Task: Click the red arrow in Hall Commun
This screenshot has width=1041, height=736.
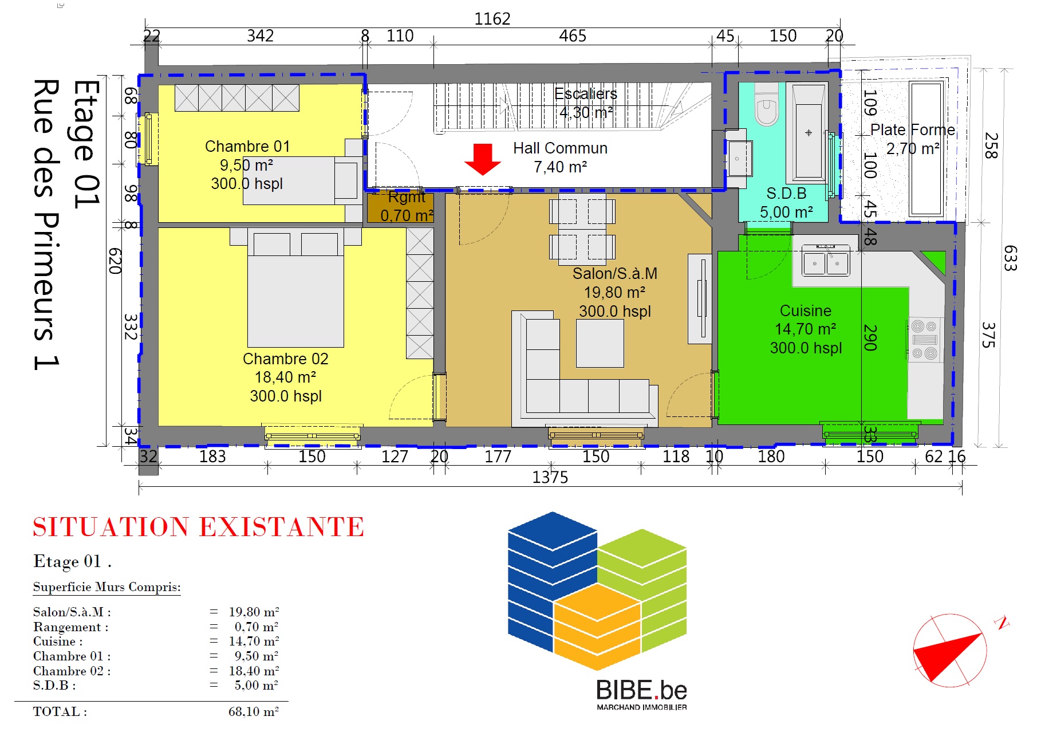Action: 483,159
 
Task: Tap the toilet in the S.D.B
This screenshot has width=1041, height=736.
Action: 766,105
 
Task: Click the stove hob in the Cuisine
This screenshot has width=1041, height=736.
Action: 924,340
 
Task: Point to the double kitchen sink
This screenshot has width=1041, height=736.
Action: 825,261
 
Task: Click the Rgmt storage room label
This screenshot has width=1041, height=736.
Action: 407,197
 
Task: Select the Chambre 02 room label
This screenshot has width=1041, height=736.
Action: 286,359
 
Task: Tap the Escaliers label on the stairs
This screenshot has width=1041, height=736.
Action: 586,94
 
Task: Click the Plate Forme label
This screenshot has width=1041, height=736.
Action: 913,130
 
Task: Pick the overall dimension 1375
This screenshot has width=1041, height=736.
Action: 550,477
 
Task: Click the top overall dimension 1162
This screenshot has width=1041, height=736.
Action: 492,19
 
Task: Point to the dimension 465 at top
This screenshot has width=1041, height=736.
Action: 573,36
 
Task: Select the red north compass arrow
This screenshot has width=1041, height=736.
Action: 948,657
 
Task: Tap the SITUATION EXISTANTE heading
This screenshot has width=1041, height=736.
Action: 198,527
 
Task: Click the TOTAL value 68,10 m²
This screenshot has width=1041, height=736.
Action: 254,711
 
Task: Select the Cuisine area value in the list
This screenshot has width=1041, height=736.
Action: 254,641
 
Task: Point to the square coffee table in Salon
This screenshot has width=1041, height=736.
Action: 600,343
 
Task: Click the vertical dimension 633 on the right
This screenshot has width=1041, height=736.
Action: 1011,258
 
